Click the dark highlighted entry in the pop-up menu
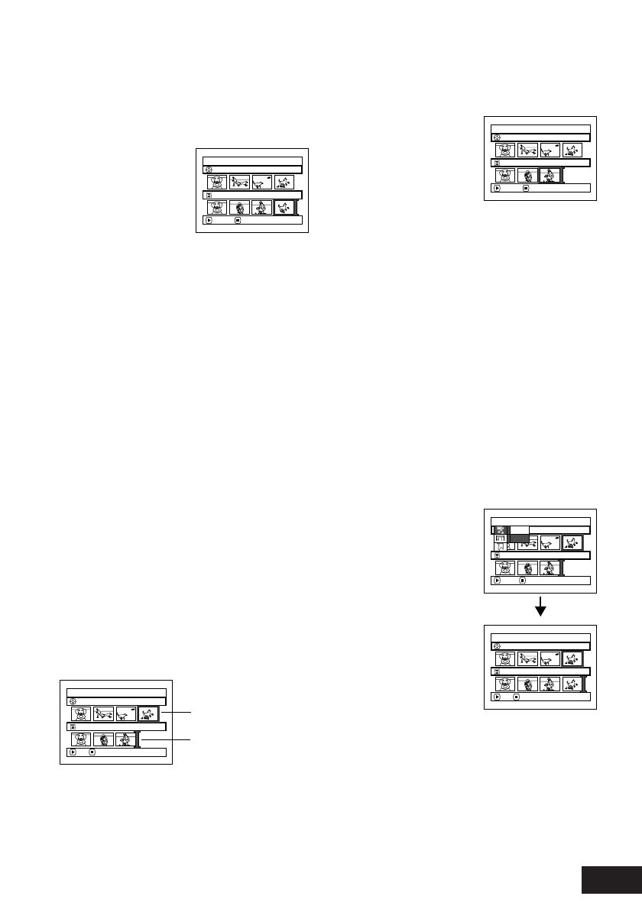[x=519, y=539]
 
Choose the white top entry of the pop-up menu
[x=519, y=529]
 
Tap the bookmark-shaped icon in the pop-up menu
[x=501, y=548]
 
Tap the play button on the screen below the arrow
[x=496, y=697]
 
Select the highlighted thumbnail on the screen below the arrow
[x=572, y=658]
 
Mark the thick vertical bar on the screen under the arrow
[x=585, y=684]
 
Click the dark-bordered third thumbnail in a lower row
[x=550, y=175]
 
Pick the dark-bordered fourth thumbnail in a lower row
[x=284, y=208]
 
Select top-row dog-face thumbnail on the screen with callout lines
[x=82, y=713]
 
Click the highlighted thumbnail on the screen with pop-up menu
[x=572, y=542]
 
